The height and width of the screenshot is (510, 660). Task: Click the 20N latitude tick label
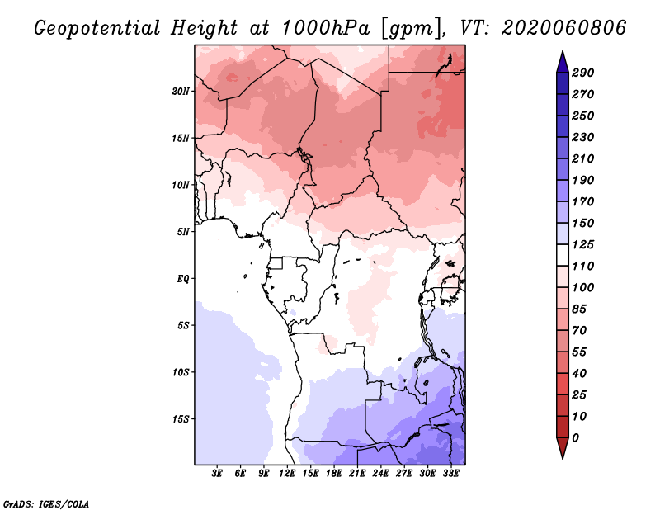pos(181,91)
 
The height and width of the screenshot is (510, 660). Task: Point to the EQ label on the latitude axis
pos(183,279)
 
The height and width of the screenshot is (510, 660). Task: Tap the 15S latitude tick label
pos(181,419)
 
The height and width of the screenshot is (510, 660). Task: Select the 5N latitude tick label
pos(183,232)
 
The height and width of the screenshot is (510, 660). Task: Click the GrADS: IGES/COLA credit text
pos(46,503)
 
